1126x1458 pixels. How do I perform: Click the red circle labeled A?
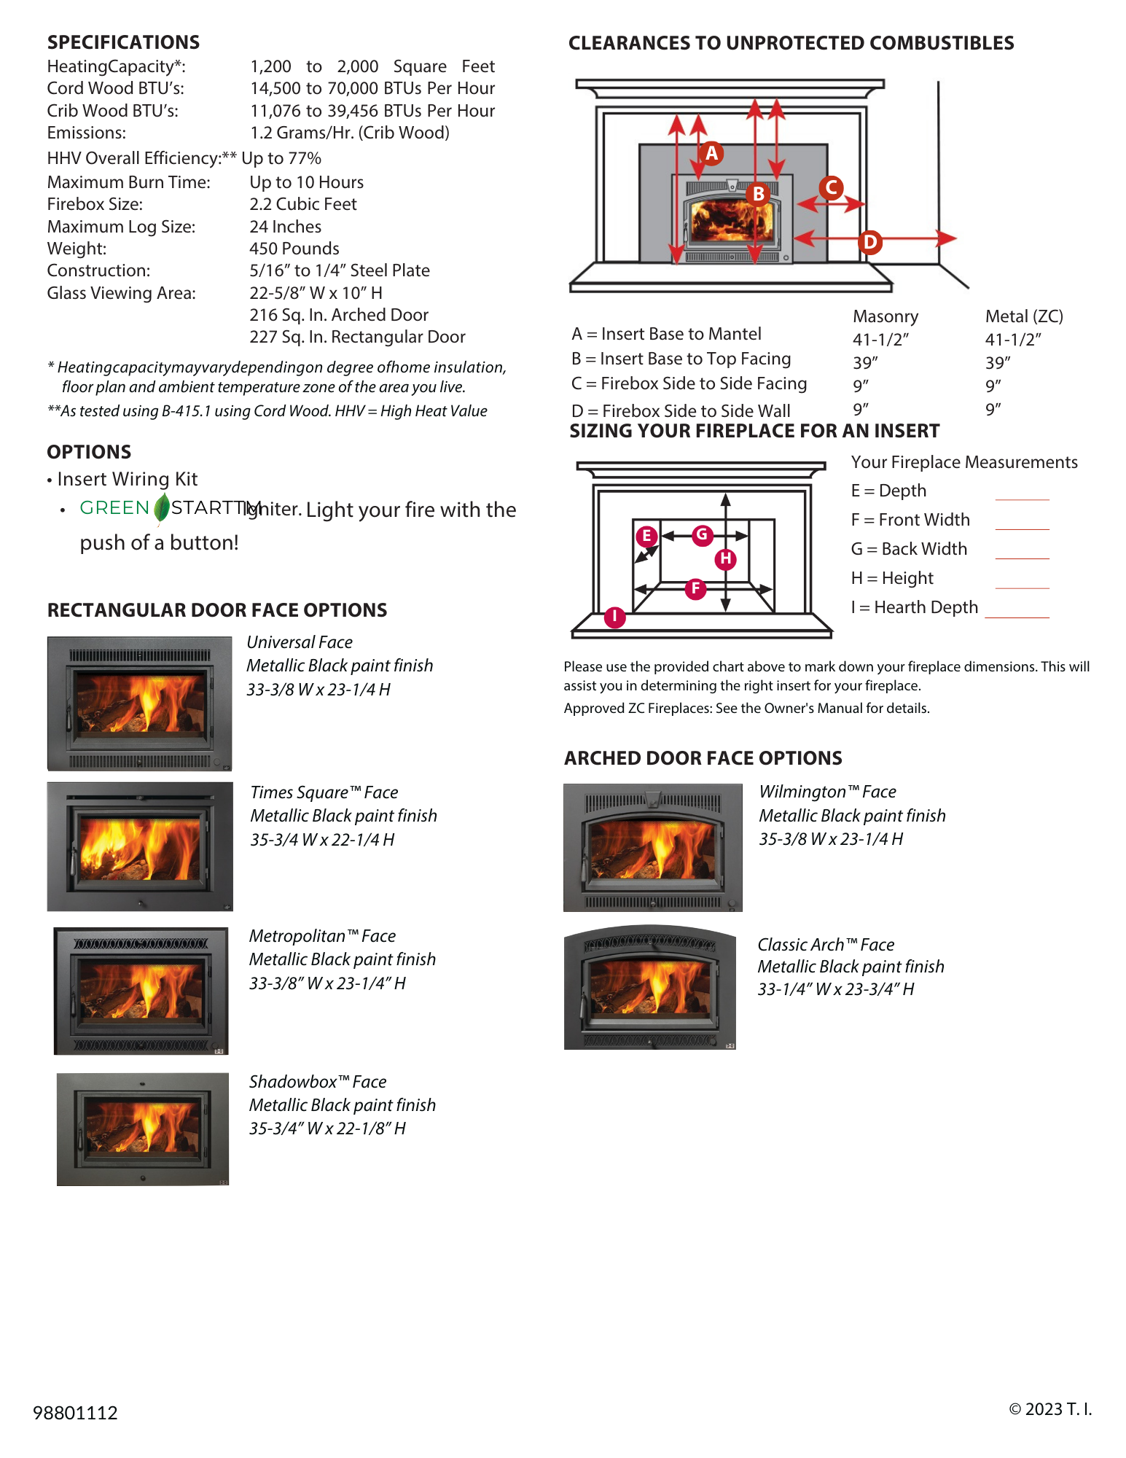click(711, 154)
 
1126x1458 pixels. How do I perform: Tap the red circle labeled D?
click(869, 242)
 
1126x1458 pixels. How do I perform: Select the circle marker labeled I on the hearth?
click(614, 617)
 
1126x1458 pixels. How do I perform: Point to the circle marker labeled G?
click(702, 534)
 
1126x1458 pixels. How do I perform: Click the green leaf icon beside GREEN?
click(162, 508)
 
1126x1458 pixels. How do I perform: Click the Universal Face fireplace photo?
click(139, 703)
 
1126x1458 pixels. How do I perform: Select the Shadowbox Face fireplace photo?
click(143, 1128)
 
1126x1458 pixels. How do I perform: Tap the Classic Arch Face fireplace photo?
click(650, 988)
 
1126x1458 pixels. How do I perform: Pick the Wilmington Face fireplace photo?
click(653, 848)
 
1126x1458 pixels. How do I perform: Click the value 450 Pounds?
click(294, 249)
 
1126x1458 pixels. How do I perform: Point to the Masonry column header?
click(885, 316)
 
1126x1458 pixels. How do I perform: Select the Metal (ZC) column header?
click(1023, 316)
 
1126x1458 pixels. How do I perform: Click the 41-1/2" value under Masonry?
click(880, 340)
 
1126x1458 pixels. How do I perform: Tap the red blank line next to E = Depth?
click(1022, 499)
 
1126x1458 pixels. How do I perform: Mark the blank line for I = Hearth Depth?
click(1017, 617)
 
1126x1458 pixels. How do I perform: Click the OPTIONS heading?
click(89, 452)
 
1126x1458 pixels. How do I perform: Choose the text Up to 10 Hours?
click(306, 182)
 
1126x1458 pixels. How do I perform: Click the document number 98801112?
click(75, 1413)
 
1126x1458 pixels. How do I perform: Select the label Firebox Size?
click(95, 204)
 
